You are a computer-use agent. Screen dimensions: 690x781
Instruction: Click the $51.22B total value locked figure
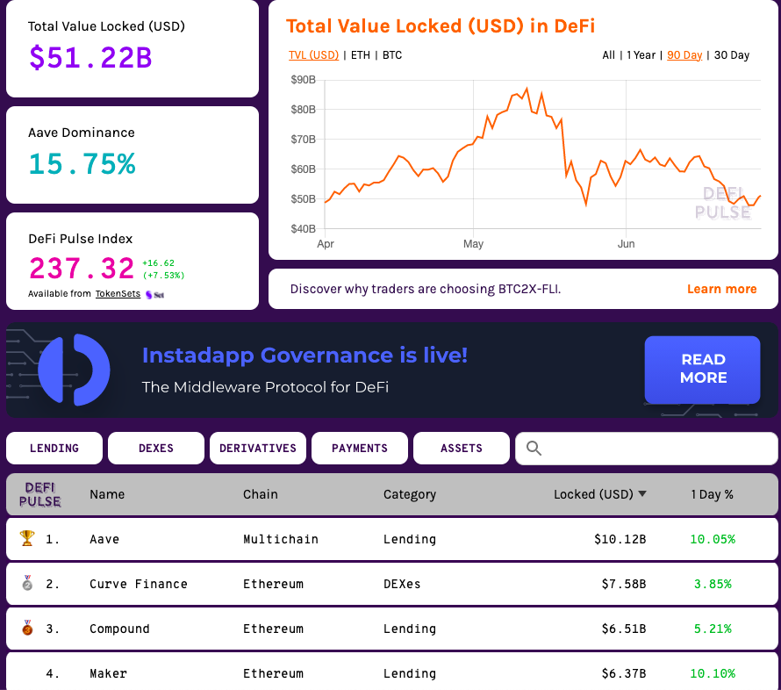click(x=90, y=58)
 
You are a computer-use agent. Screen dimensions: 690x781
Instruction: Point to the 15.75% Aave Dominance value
click(x=82, y=164)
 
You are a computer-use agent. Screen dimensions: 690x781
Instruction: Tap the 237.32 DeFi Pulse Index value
click(x=82, y=269)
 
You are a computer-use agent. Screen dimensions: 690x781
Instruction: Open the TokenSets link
click(x=118, y=294)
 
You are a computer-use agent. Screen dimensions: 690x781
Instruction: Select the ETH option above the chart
click(x=360, y=55)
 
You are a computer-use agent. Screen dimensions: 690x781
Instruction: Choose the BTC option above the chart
click(x=392, y=55)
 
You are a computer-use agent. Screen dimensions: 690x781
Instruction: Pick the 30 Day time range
click(x=731, y=55)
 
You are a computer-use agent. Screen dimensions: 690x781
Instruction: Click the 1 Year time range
click(x=641, y=55)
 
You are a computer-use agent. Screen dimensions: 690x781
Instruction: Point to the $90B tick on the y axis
click(x=303, y=80)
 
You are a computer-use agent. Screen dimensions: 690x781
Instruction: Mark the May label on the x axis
click(x=473, y=244)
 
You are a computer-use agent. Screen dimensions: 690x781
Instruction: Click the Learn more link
click(x=721, y=289)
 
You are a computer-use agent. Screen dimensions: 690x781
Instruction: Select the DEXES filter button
click(x=156, y=448)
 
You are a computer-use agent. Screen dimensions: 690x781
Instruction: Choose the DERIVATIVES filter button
click(x=258, y=448)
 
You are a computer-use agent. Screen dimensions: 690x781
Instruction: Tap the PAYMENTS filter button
click(x=360, y=448)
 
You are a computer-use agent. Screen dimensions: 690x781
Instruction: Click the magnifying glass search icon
click(x=534, y=449)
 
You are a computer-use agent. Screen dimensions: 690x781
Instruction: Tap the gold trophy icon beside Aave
click(x=26, y=539)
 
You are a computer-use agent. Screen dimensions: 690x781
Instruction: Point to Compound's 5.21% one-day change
click(x=712, y=629)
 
